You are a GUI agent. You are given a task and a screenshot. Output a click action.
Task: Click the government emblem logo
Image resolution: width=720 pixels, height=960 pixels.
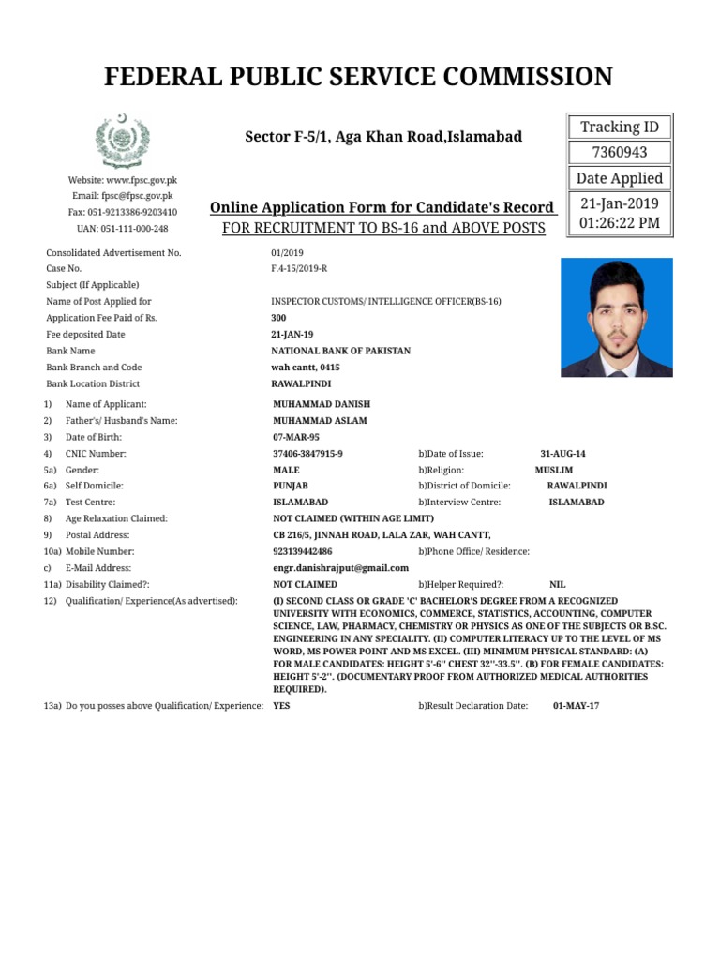coord(119,142)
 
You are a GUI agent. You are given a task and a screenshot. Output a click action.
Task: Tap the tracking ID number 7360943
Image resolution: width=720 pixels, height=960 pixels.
coord(620,153)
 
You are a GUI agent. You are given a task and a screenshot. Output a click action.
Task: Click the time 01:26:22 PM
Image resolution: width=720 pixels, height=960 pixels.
coord(620,222)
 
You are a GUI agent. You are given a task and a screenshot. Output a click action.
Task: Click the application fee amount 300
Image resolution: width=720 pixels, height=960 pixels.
coord(279,318)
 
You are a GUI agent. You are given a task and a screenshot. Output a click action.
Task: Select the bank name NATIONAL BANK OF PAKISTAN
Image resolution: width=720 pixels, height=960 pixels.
coord(340,351)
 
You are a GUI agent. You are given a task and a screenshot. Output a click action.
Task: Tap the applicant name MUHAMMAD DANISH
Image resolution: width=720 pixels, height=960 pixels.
coord(314,404)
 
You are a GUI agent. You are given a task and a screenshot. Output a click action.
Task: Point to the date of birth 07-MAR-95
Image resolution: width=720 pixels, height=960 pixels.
coord(295,437)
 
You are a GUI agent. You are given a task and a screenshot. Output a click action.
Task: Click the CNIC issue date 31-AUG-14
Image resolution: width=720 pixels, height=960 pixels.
coord(562,454)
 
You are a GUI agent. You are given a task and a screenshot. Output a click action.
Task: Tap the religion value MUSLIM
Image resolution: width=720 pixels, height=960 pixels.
coord(554,470)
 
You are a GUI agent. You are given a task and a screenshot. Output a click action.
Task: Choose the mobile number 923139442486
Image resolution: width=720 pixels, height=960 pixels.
coord(302,552)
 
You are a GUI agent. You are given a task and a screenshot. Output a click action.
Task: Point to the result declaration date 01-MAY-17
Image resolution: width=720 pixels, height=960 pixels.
coord(576,706)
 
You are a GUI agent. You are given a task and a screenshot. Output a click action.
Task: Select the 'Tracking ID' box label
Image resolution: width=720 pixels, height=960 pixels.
coord(620,127)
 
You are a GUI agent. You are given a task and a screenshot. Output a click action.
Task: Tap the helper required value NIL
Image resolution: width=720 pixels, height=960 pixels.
coord(557,584)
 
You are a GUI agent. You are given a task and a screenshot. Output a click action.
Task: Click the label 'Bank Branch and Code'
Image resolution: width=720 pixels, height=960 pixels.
coord(94,367)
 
